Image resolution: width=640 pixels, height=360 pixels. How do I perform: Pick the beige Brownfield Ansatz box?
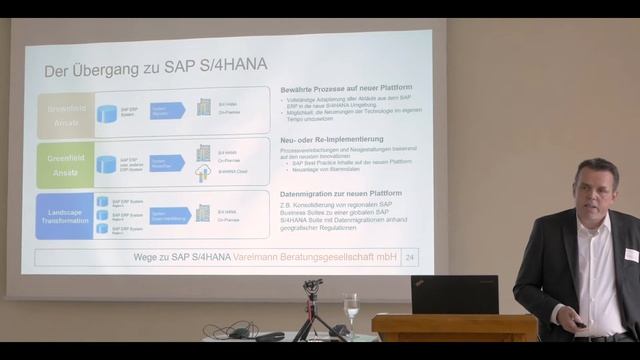(65, 113)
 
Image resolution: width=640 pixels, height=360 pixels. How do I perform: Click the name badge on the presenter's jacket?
(631, 255)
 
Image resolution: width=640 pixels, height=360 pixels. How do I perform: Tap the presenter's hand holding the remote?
(578, 322)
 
